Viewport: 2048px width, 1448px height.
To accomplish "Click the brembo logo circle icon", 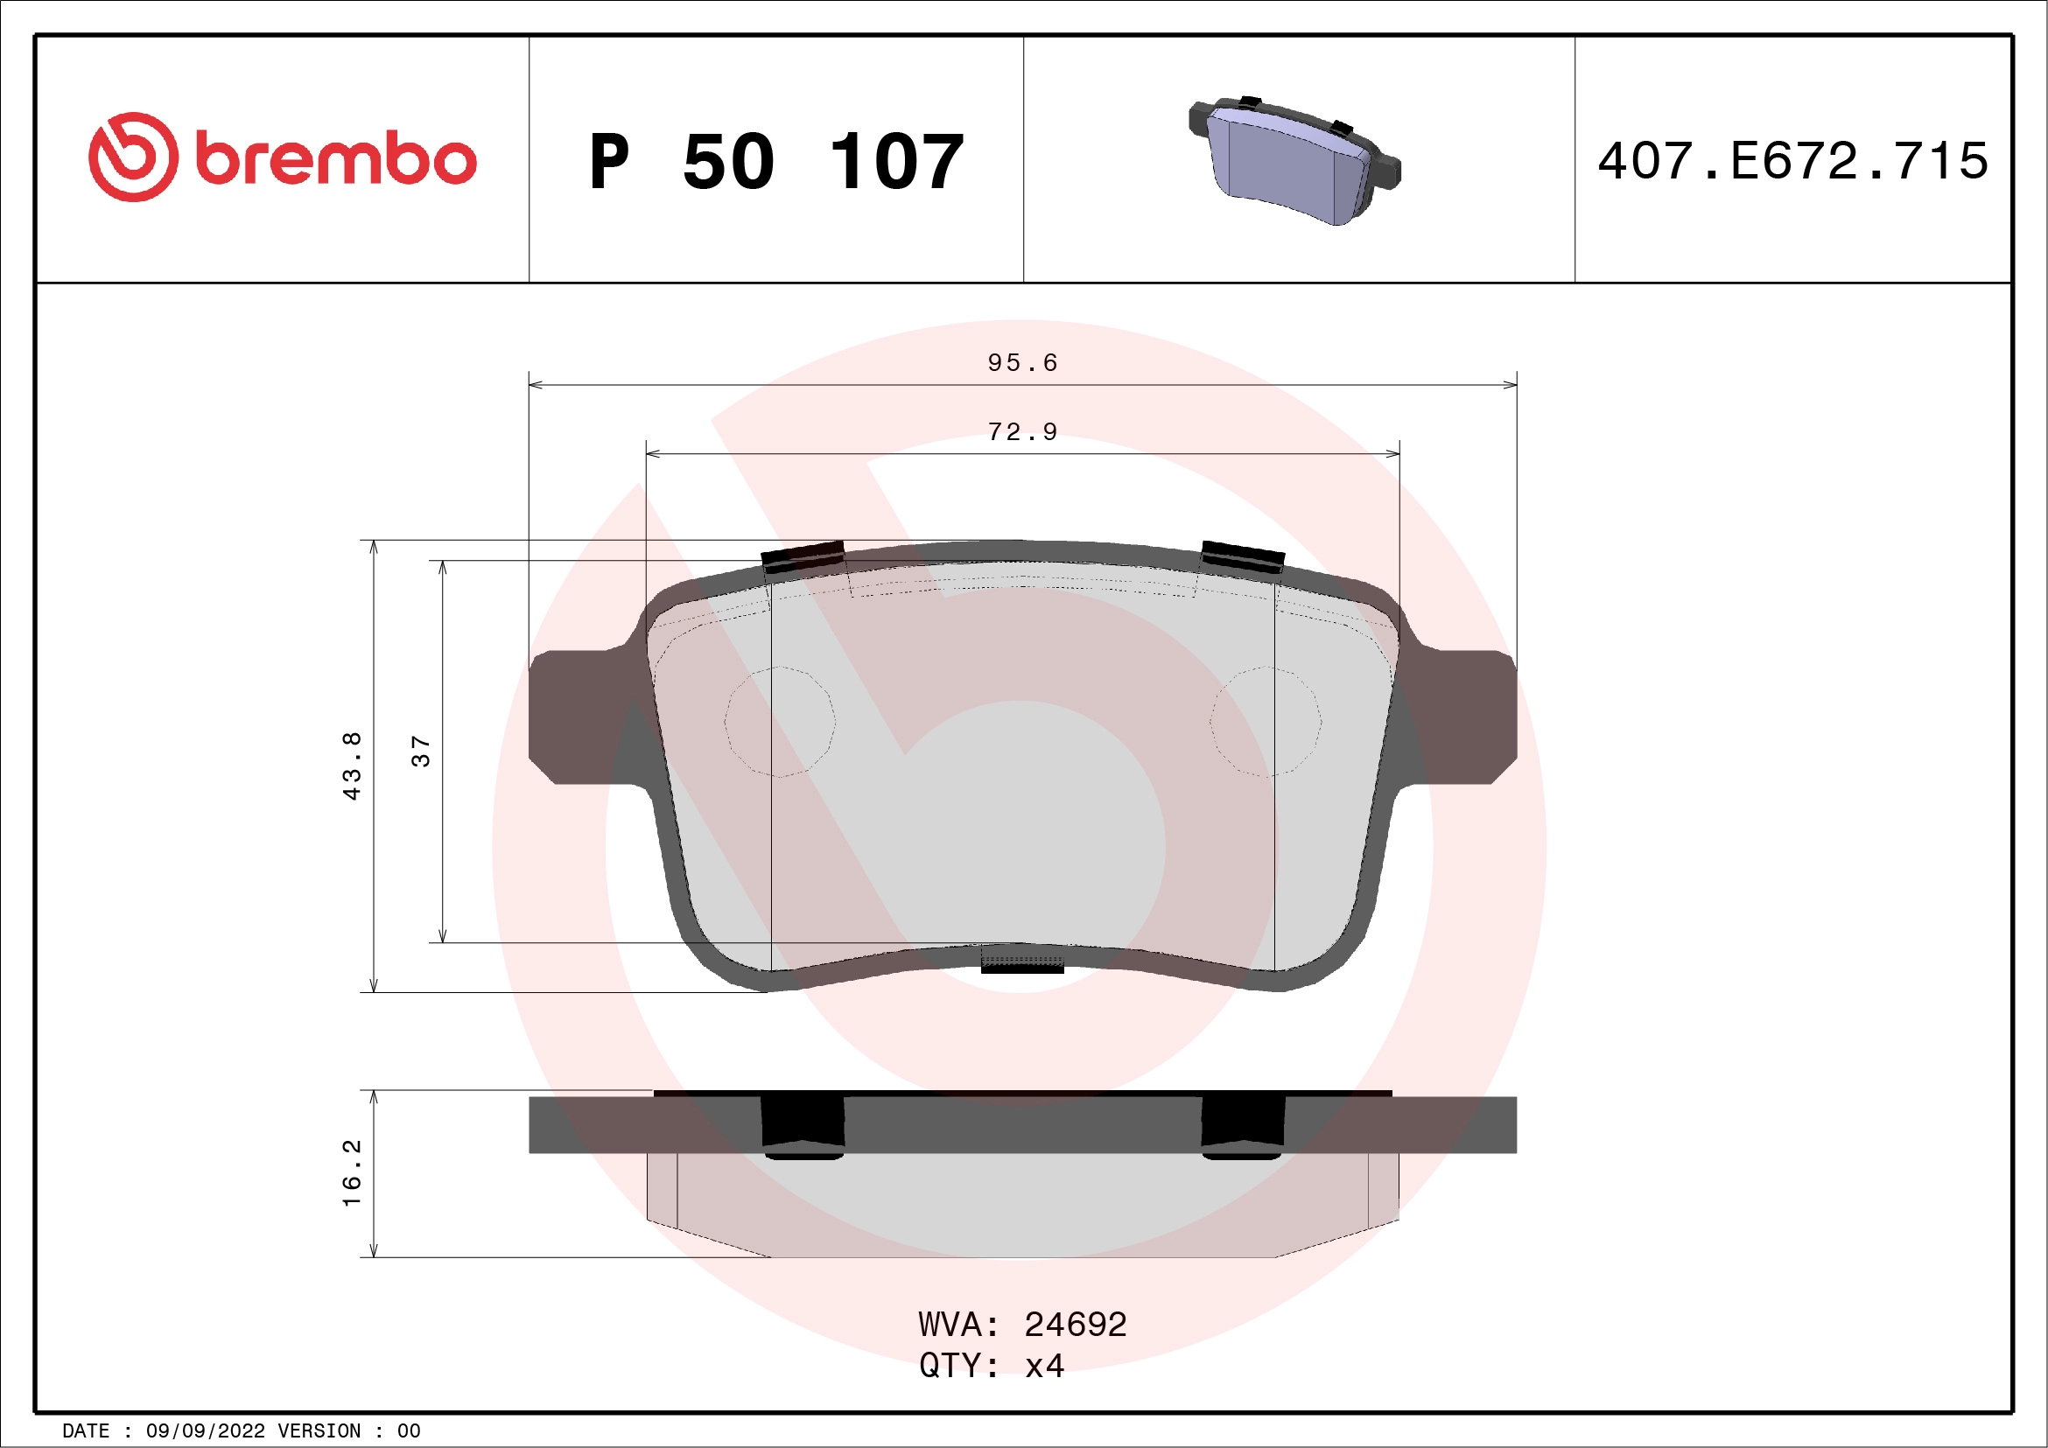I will pyautogui.click(x=133, y=157).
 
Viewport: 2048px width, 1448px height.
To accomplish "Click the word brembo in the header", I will pyautogui.click(x=335, y=159).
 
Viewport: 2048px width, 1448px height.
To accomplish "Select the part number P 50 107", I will pyautogui.click(x=776, y=162).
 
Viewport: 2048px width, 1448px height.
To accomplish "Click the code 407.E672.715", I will pyautogui.click(x=1793, y=161).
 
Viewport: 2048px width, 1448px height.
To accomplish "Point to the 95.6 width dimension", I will pyautogui.click(x=1022, y=363).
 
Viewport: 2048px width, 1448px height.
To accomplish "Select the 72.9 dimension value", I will pyautogui.click(x=1022, y=432).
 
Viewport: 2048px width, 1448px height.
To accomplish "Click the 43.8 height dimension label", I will pyautogui.click(x=353, y=766).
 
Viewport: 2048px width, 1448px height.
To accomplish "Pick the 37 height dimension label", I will pyautogui.click(x=421, y=751).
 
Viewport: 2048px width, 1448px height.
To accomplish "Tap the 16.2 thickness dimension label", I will pyautogui.click(x=353, y=1172).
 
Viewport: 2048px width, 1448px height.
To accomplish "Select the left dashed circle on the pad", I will pyautogui.click(x=780, y=721).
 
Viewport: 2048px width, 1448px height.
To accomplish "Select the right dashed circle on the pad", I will pyautogui.click(x=1265, y=721).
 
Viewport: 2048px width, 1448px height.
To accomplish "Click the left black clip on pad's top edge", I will pyautogui.click(x=803, y=556).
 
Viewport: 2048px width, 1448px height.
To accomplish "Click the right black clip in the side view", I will pyautogui.click(x=1243, y=1124).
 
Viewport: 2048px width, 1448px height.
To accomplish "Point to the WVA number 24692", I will pyautogui.click(x=1075, y=1325).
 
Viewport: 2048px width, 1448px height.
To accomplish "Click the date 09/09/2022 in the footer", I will pyautogui.click(x=205, y=1431).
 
